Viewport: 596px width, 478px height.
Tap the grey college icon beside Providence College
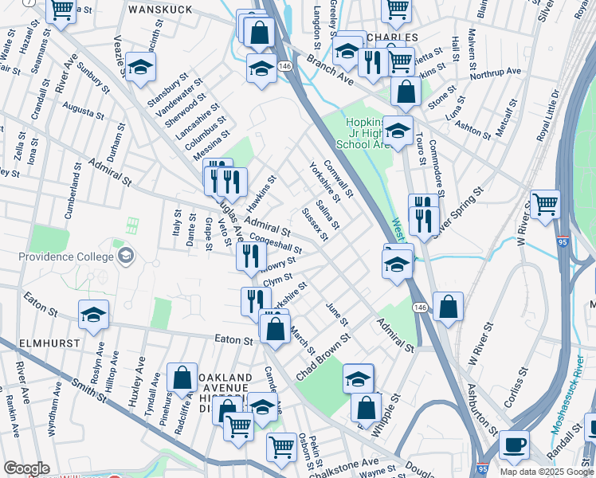(x=124, y=256)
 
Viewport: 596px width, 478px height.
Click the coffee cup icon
(x=514, y=444)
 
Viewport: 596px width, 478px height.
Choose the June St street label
(x=337, y=314)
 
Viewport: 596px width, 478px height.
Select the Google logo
(x=26, y=468)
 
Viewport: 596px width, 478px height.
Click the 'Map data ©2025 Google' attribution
(x=546, y=471)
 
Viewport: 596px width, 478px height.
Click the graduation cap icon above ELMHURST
(x=93, y=314)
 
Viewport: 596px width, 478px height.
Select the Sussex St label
(x=315, y=224)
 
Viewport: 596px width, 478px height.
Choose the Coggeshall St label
(x=274, y=242)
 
